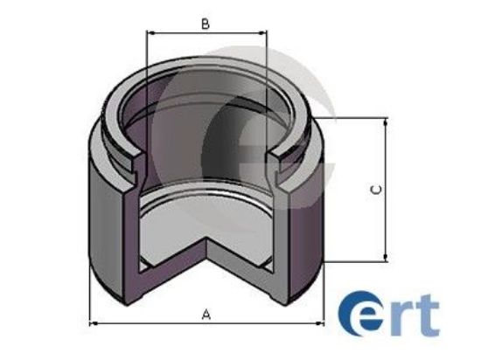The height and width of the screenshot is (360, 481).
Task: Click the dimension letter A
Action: (x=206, y=312)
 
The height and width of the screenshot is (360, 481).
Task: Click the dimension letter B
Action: (x=205, y=24)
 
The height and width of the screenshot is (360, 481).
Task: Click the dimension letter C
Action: (x=375, y=189)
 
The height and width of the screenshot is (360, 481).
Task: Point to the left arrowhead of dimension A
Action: (x=94, y=323)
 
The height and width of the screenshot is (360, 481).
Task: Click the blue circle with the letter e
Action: (x=359, y=317)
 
